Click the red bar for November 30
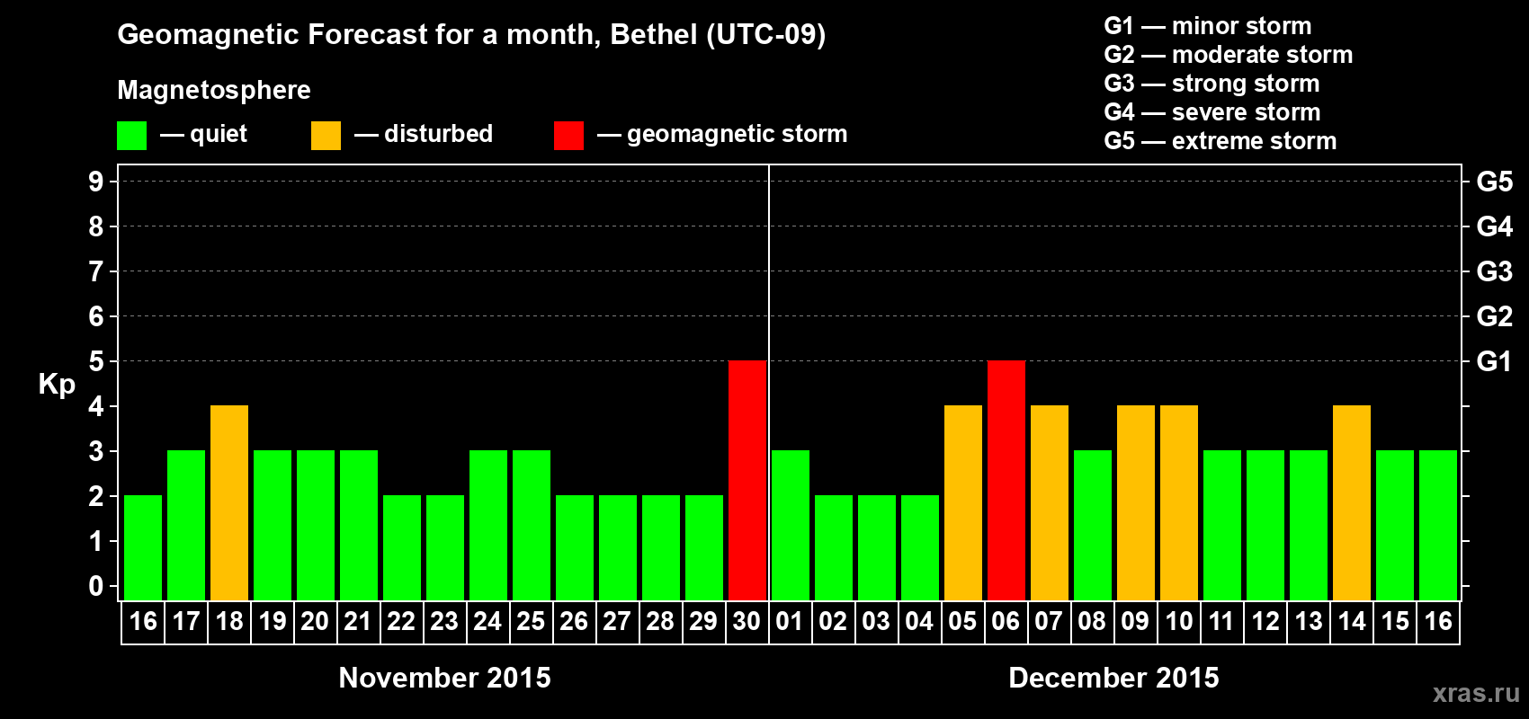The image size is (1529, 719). pos(747,480)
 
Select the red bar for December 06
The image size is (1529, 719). pos(1006,480)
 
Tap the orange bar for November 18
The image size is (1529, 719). pos(229,502)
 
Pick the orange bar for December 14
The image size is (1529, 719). pos(1352,502)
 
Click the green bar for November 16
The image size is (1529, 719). pos(143,547)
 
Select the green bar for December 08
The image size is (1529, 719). pos(1093,525)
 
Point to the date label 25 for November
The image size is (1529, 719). pos(531,621)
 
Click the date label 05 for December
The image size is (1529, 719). pos(962,621)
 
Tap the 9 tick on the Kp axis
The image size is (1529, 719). pos(96,182)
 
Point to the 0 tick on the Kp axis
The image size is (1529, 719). pos(96,586)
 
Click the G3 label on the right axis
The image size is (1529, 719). pos(1494,271)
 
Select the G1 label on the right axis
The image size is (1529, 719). pos(1494,361)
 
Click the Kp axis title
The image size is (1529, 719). pos(57,384)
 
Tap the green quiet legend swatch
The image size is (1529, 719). pos(132,136)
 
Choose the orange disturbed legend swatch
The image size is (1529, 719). pos(326,136)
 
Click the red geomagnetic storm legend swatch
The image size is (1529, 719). pos(568,136)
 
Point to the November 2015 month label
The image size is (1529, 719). pos(444,678)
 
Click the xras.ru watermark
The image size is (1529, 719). pos(1476,693)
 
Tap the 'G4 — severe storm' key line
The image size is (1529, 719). pos(1212,112)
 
